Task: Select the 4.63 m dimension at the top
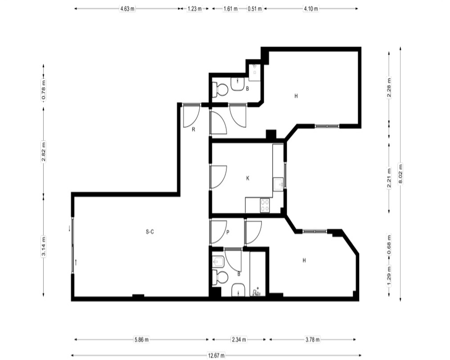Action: [127, 9]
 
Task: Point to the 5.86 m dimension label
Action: [141, 340]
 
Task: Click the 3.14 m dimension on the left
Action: [44, 246]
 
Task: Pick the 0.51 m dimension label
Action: [255, 9]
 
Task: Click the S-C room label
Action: [150, 232]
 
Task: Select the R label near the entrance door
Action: [193, 130]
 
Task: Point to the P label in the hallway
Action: [228, 232]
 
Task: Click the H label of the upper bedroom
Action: [296, 96]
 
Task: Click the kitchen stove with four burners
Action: [265, 206]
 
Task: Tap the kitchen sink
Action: [279, 184]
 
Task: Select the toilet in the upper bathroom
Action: [220, 90]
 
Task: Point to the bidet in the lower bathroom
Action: [218, 261]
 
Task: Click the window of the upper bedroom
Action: [327, 126]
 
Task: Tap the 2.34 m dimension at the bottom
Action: [239, 340]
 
